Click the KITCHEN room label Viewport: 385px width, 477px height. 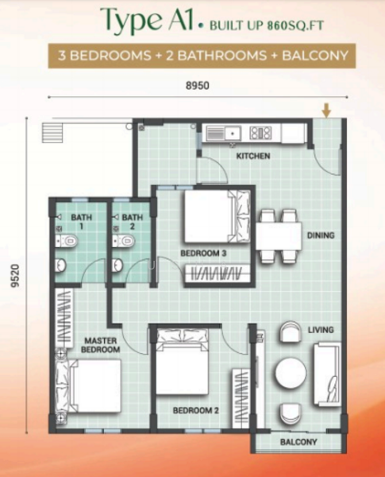[x=253, y=156]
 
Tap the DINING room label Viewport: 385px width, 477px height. [x=322, y=235]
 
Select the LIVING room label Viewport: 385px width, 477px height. [x=321, y=329]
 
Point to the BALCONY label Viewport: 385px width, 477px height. [x=298, y=442]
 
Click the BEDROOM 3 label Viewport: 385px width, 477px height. [x=204, y=253]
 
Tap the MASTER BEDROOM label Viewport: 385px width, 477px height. [x=102, y=345]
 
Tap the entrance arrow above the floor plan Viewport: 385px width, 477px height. [x=327, y=109]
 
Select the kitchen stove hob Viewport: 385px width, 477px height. [x=260, y=133]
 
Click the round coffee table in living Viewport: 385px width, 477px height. [x=288, y=371]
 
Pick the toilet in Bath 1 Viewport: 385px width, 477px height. [x=70, y=240]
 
